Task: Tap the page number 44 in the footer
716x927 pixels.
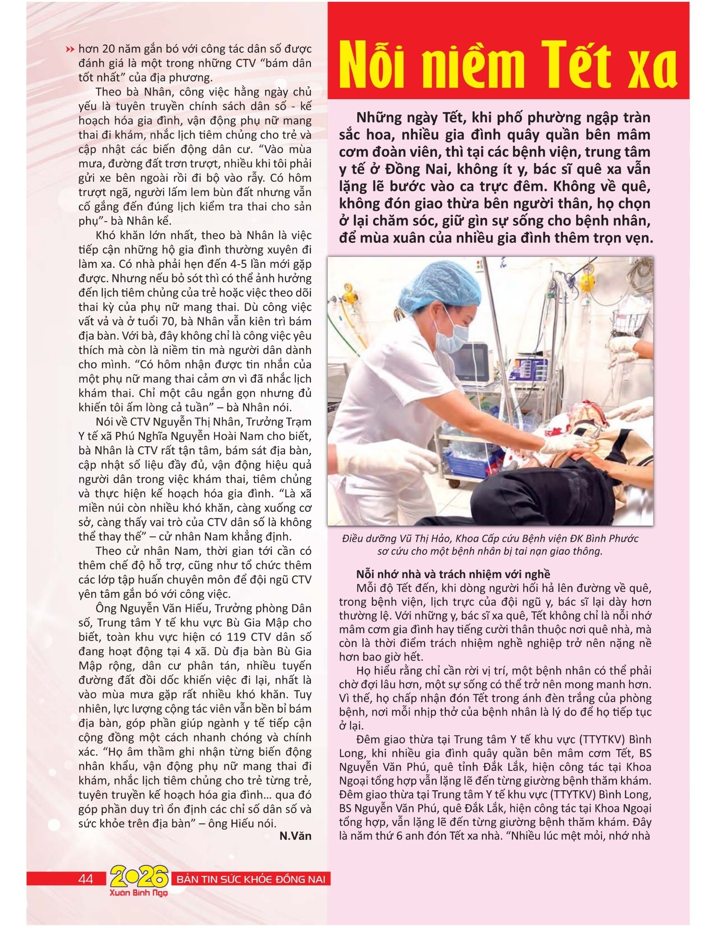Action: point(86,879)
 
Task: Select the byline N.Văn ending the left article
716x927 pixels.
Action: point(295,836)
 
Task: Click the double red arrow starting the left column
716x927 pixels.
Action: point(70,49)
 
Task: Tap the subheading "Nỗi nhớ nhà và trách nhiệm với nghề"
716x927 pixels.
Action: point(453,574)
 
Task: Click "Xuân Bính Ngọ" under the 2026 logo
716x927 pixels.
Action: point(139,892)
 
